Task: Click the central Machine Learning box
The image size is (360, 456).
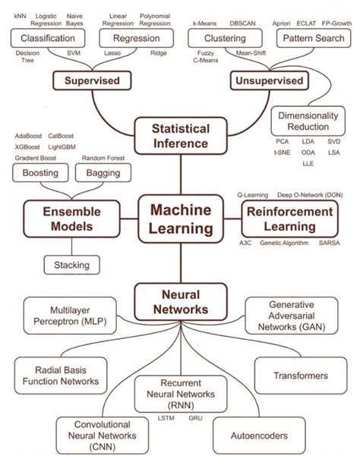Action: click(180, 219)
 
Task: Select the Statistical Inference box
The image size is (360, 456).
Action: click(180, 135)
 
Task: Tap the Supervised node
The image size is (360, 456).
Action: click(87, 80)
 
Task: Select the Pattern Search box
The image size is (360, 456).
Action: click(311, 37)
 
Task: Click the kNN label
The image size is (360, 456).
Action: click(21, 15)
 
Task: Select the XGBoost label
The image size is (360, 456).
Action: click(30, 146)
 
